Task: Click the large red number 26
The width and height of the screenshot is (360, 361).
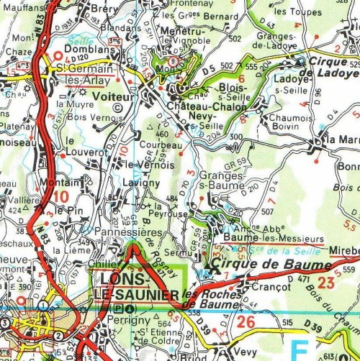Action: [x=246, y=321]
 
